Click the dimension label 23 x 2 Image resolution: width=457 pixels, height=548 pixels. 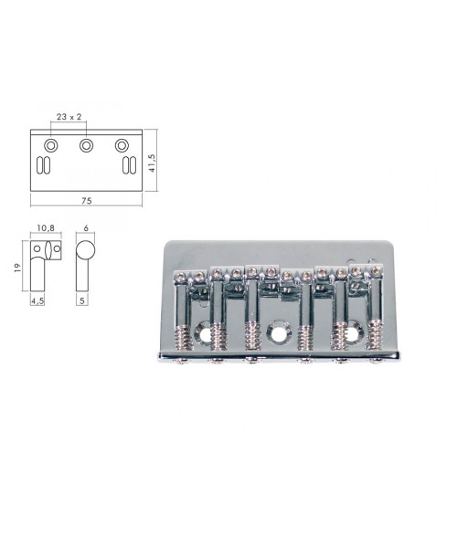click(69, 118)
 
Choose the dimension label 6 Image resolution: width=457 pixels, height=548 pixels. click(85, 227)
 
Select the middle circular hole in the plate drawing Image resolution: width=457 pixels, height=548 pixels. click(86, 145)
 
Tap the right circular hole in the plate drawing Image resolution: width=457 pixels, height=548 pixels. click(121, 145)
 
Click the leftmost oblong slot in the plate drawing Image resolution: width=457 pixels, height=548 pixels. click(39, 165)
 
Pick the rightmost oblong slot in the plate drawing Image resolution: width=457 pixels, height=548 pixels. click(134, 165)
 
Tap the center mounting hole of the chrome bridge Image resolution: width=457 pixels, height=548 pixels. click(277, 334)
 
